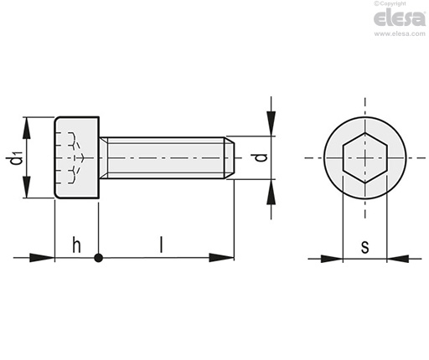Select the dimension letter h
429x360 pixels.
(x=76, y=244)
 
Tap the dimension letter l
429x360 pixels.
(x=161, y=244)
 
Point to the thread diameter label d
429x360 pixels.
(x=261, y=157)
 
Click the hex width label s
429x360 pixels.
(x=364, y=247)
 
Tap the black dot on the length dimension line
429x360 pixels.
(x=98, y=258)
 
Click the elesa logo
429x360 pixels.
(x=400, y=18)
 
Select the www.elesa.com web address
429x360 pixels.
(x=400, y=33)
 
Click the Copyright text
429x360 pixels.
(x=390, y=3)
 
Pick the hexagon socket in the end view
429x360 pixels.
(x=364, y=158)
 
